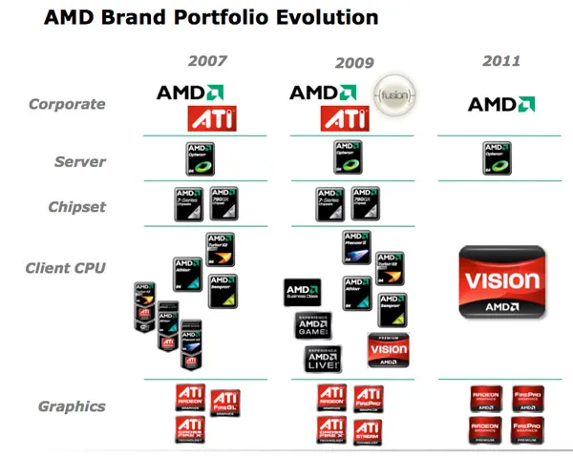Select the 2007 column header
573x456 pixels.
click(207, 61)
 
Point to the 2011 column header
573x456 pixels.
click(500, 61)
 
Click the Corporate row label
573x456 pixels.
click(67, 104)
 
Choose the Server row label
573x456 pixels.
click(79, 161)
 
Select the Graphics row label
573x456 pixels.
click(72, 406)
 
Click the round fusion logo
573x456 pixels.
click(395, 96)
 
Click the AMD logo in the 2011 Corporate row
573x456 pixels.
click(500, 104)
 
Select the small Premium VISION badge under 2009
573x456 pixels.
click(389, 350)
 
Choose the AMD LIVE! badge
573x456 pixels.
click(323, 359)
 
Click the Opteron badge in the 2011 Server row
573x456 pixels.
click(497, 157)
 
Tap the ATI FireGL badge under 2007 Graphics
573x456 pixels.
click(224, 402)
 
